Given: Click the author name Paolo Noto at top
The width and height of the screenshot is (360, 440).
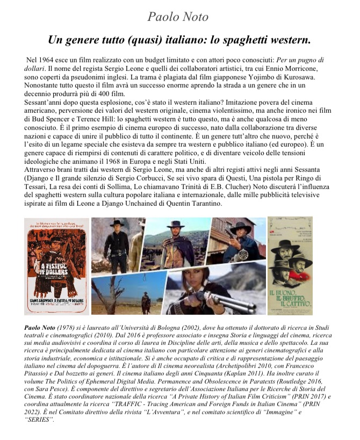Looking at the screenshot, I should (178, 17).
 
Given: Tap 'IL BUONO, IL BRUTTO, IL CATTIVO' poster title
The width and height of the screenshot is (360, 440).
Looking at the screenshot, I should (290, 298).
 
